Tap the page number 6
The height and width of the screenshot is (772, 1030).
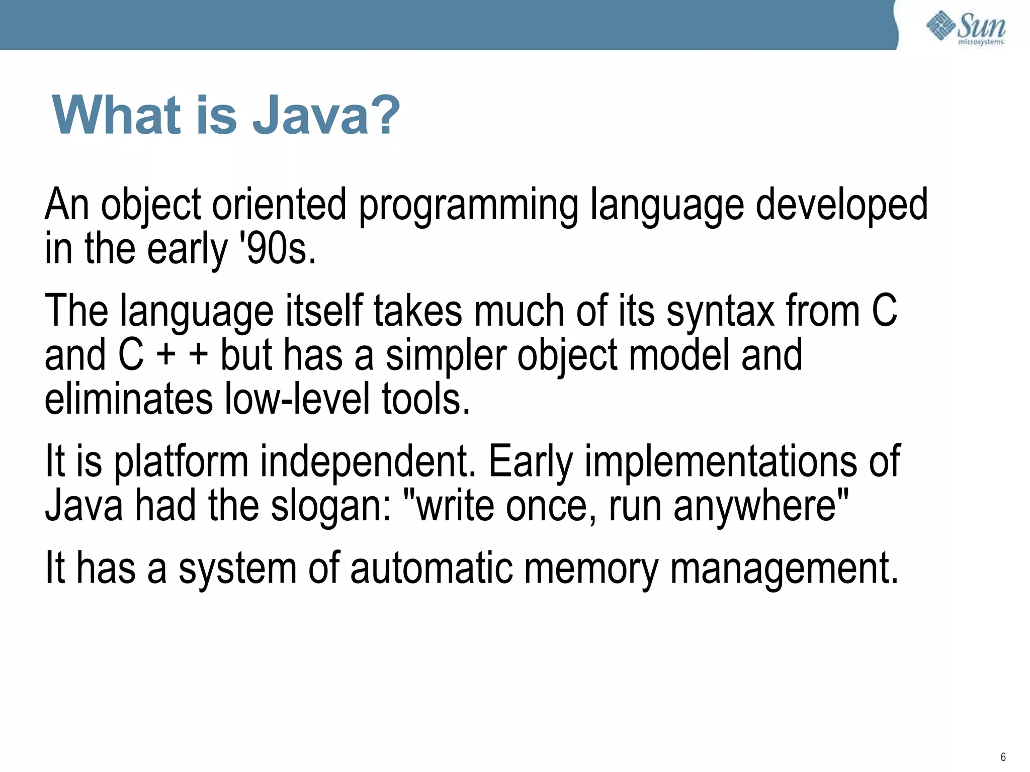tap(1003, 757)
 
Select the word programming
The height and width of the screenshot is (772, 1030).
tap(468, 206)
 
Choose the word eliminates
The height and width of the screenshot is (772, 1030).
tap(129, 399)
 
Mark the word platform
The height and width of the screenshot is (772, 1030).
tap(181, 462)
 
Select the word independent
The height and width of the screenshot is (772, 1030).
tap(368, 462)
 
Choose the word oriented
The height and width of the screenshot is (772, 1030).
tap(279, 206)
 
